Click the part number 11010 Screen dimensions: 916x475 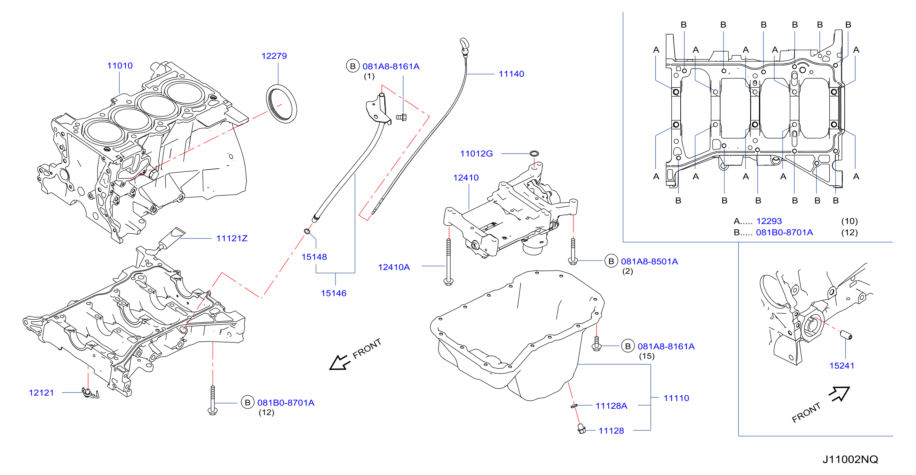point(120,66)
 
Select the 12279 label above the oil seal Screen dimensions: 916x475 point(274,56)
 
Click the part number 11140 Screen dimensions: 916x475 point(511,74)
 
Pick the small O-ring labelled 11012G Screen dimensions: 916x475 point(534,154)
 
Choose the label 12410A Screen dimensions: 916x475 point(394,267)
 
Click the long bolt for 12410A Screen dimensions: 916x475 point(448,262)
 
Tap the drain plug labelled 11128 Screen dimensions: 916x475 point(582,429)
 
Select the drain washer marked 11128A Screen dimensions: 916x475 point(573,406)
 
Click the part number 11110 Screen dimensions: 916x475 point(676,398)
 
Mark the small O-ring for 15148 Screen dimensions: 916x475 point(307,232)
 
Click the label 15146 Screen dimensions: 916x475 point(334,293)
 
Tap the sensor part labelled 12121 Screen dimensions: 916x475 point(89,393)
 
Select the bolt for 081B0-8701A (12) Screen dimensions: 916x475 point(213,400)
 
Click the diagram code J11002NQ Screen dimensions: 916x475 point(850,459)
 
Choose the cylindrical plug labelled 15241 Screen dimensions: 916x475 point(846,335)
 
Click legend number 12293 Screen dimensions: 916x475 point(769,221)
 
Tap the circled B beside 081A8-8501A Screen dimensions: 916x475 point(611,261)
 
